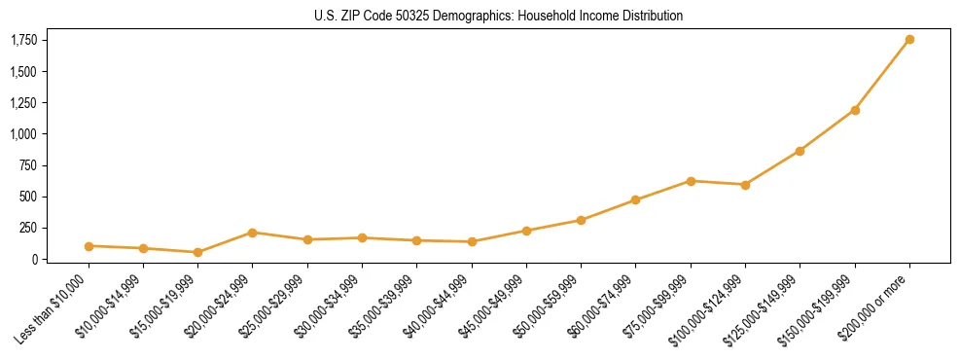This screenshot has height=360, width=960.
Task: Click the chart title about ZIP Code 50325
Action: pos(498,16)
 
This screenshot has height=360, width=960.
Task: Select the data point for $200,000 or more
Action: pos(909,39)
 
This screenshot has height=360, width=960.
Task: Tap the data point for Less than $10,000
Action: pos(89,246)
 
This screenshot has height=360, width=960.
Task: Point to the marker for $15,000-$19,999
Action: pos(197,252)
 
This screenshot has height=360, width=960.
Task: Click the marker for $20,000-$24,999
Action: pos(253,233)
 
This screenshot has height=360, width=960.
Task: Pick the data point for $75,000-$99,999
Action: pos(691,181)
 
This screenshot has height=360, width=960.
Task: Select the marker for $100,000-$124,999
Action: pos(745,185)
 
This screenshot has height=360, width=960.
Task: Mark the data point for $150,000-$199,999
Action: pos(855,110)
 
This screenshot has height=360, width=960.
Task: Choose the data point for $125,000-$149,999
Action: pos(800,151)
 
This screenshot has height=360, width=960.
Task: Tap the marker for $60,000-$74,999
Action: pos(635,200)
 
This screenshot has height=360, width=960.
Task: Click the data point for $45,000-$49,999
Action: pos(526,231)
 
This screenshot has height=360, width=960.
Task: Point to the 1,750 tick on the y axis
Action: pos(23,40)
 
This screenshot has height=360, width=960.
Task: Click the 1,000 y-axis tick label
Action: pos(23,133)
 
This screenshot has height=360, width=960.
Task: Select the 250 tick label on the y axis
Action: pos(27,228)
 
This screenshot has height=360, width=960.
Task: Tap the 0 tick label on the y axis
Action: pos(33,259)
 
